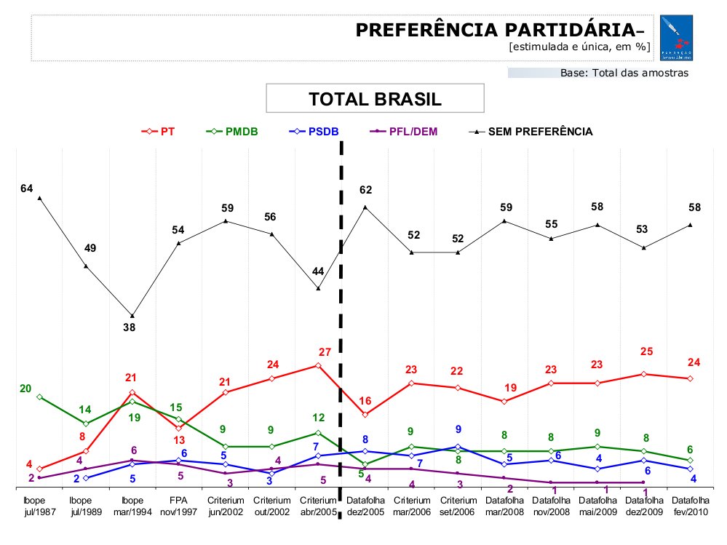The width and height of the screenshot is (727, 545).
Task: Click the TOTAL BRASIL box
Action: pyautogui.click(x=375, y=99)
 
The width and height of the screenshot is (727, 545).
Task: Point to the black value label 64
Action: pyautogui.click(x=27, y=188)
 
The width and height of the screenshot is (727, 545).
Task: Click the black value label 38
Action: pyautogui.click(x=132, y=327)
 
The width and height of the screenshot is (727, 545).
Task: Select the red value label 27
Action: pyautogui.click(x=325, y=352)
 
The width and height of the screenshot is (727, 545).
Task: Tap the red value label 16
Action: pyautogui.click(x=365, y=401)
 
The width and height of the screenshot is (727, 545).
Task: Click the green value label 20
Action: pyautogui.click(x=25, y=389)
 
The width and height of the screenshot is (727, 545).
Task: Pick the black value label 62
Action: pyautogui.click(x=366, y=191)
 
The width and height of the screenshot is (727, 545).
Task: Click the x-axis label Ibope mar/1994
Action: pyautogui.click(x=132, y=506)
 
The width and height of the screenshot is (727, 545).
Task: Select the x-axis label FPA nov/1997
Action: pyautogui.click(x=178, y=506)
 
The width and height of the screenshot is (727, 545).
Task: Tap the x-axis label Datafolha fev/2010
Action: pyautogui.click(x=690, y=506)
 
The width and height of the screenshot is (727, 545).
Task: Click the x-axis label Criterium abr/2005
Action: pyautogui.click(x=318, y=506)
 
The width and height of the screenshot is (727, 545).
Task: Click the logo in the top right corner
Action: pyautogui.click(x=676, y=39)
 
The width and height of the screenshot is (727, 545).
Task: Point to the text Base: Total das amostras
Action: pyautogui.click(x=624, y=73)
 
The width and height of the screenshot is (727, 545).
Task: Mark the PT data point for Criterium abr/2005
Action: pyautogui.click(x=318, y=365)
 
